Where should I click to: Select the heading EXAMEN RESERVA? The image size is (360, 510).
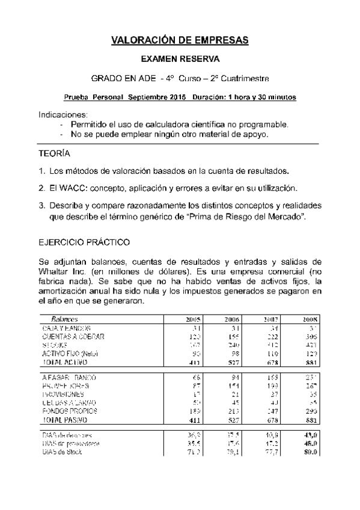click(180, 60)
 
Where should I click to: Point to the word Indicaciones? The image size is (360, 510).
click(63, 114)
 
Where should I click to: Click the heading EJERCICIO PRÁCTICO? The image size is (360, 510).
click(84, 242)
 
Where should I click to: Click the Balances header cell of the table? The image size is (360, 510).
click(65, 319)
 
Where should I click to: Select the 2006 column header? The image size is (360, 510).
click(232, 319)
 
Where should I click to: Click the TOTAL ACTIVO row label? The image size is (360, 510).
click(64, 363)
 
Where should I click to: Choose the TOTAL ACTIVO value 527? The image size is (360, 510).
click(232, 363)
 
